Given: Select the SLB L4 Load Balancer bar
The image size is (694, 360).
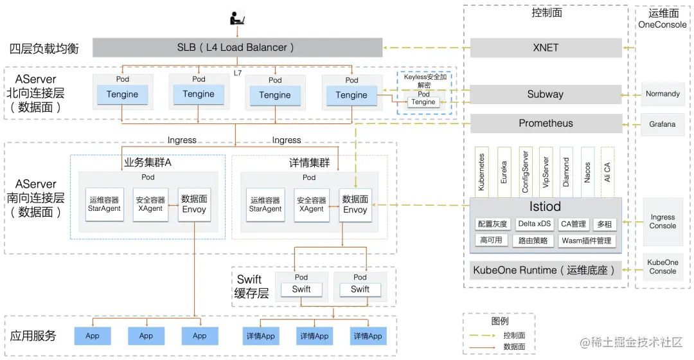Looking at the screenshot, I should coord(236,48).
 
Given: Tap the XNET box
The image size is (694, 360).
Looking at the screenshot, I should coord(546,48).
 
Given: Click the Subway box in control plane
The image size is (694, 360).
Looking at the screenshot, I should coord(546,94).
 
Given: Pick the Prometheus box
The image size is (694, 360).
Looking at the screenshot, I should coord(546,123).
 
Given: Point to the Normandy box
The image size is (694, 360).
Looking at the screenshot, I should coord(663,94).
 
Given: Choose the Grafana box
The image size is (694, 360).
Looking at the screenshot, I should coord(663,124).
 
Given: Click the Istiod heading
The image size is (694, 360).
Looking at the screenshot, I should coord(545,206).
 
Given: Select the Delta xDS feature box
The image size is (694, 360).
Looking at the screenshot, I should coord(534,224).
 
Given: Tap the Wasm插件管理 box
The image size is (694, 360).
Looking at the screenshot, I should coord(586,241).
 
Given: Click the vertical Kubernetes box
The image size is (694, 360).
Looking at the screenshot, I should coord(482,172).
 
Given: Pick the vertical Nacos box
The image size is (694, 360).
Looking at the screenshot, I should coord(587,172).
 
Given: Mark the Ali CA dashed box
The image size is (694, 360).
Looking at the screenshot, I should coord(608,172).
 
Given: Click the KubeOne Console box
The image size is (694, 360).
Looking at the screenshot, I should coord(663,267).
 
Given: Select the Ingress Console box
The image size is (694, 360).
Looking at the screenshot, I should coord(663,222).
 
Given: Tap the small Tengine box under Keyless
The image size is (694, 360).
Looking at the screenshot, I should coord(423,102).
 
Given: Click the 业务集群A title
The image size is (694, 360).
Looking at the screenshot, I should coord(147,163).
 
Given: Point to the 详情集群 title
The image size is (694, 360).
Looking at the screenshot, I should coord(309,163).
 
